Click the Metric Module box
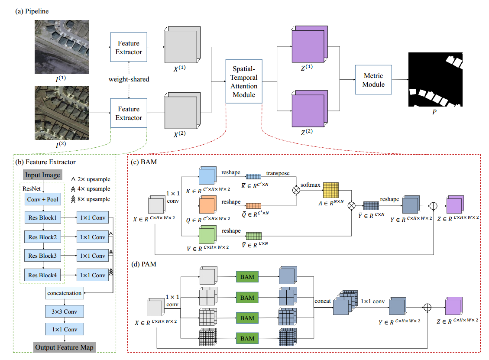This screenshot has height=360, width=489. (x=373, y=80)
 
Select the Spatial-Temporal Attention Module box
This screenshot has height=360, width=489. (x=244, y=81)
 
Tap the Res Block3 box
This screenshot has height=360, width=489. (x=43, y=256)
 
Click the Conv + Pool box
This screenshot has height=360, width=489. (x=43, y=199)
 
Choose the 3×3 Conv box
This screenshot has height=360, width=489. (x=65, y=311)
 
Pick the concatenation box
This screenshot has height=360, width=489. (x=65, y=293)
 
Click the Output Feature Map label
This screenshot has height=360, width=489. (x=64, y=347)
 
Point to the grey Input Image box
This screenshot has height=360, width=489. (x=43, y=175)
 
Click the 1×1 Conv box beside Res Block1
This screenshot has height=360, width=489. (x=93, y=217)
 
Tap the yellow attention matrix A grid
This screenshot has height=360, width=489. (x=331, y=190)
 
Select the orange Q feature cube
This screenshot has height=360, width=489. (x=208, y=204)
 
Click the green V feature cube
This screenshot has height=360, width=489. (x=208, y=235)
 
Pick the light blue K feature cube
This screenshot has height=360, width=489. (x=208, y=175)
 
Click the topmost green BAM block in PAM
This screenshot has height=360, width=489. (x=247, y=277)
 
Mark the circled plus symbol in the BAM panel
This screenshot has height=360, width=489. (x=433, y=206)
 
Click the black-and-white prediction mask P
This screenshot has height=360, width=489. (x=435, y=80)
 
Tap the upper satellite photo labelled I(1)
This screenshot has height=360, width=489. (x=62, y=47)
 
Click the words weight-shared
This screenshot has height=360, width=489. (x=129, y=79)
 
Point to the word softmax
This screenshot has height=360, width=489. (x=310, y=185)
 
